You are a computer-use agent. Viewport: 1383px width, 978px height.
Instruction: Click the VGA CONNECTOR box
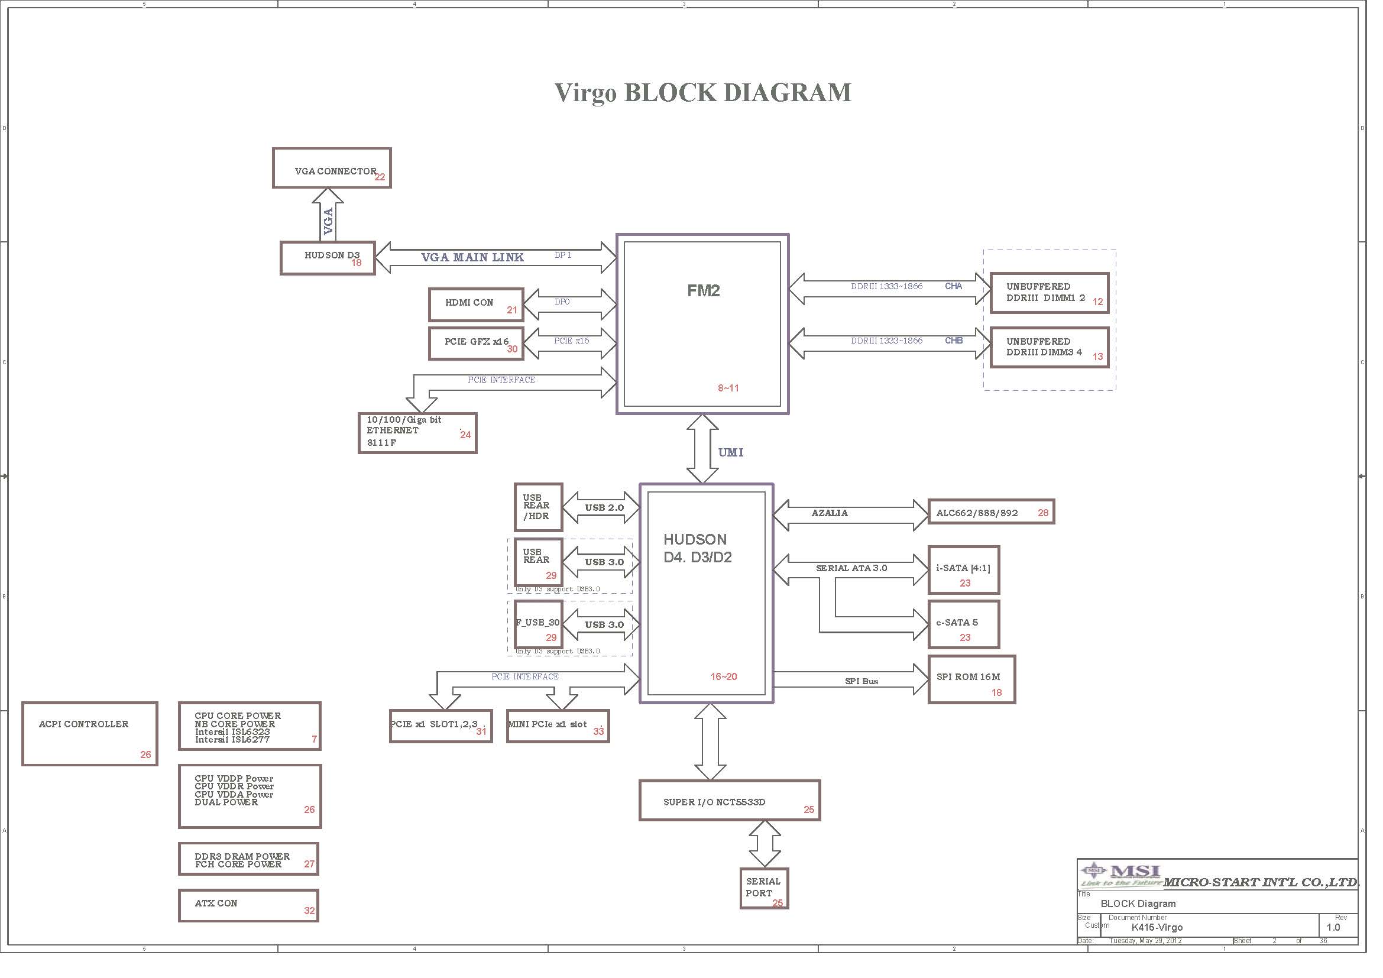click(332, 168)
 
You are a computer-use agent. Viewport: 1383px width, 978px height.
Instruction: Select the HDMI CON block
click(476, 305)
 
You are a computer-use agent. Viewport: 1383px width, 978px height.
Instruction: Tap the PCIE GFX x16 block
click(476, 344)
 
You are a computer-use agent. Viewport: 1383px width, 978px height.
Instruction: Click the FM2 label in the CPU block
click(704, 291)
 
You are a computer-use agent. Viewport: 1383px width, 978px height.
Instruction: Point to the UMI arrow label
click(731, 452)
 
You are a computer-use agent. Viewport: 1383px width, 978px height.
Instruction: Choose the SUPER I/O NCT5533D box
click(730, 801)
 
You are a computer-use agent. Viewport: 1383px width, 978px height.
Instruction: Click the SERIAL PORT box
click(765, 888)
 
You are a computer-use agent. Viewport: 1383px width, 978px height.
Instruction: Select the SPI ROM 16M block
click(972, 680)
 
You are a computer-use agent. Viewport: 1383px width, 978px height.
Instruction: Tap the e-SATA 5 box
click(964, 624)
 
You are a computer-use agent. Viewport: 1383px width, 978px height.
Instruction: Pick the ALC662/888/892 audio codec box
click(992, 512)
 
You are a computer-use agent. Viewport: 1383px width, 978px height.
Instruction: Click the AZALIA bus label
click(830, 513)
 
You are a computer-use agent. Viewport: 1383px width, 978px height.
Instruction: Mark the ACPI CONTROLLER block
click(90, 733)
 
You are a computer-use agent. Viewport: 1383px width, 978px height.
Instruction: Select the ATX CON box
click(249, 906)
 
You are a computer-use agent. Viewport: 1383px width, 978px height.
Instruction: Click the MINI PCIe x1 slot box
click(558, 726)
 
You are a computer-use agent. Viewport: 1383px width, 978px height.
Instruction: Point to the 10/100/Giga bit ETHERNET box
click(417, 433)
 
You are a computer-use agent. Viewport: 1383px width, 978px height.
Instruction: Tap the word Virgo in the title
click(585, 93)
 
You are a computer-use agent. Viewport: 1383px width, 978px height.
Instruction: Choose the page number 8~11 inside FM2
click(728, 388)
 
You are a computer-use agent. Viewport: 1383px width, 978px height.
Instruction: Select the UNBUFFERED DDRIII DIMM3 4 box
click(1050, 348)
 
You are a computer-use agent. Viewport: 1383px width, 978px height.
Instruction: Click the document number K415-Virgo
click(1157, 927)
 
